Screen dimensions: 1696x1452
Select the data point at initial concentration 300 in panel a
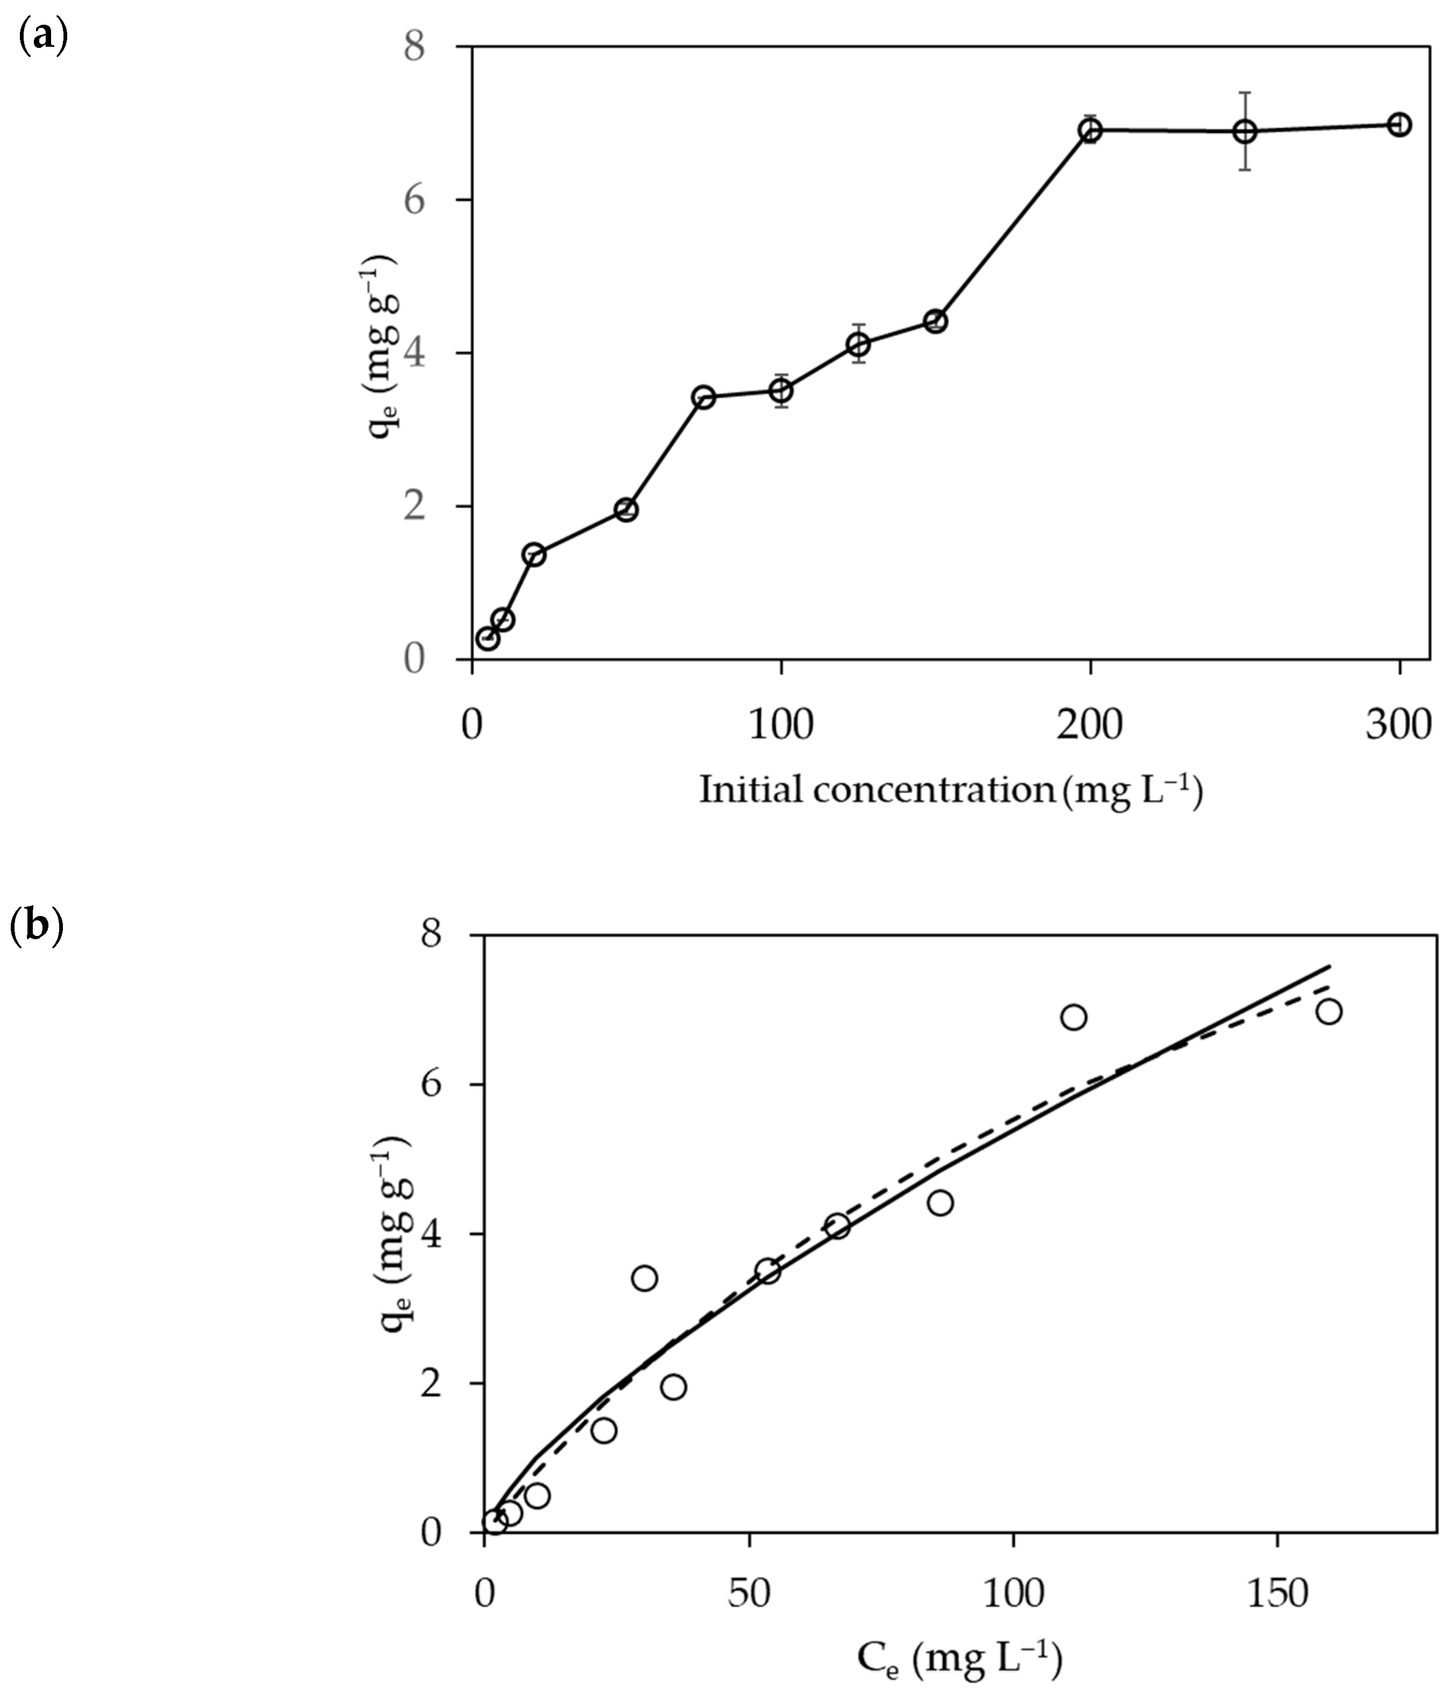pos(1400,124)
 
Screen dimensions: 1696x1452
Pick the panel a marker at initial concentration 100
pos(781,391)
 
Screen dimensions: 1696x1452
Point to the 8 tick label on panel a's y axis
pos(414,47)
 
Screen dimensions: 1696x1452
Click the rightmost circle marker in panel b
pos(1329,1012)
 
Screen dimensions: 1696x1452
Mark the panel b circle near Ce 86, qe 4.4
pos(941,1202)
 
